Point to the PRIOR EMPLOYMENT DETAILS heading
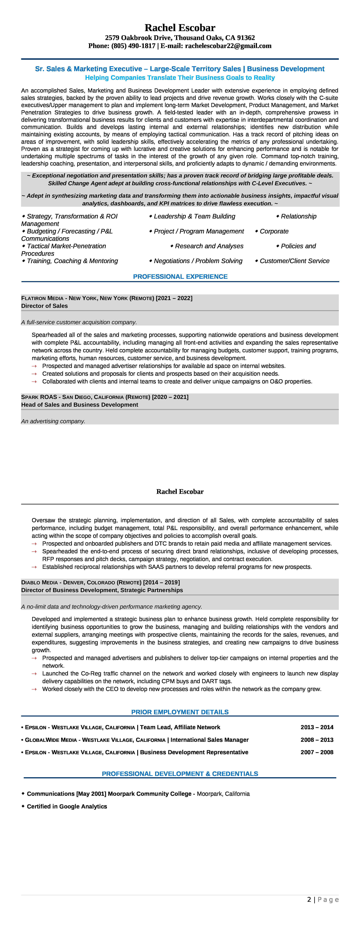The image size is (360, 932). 180,712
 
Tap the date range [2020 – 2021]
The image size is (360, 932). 170,397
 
